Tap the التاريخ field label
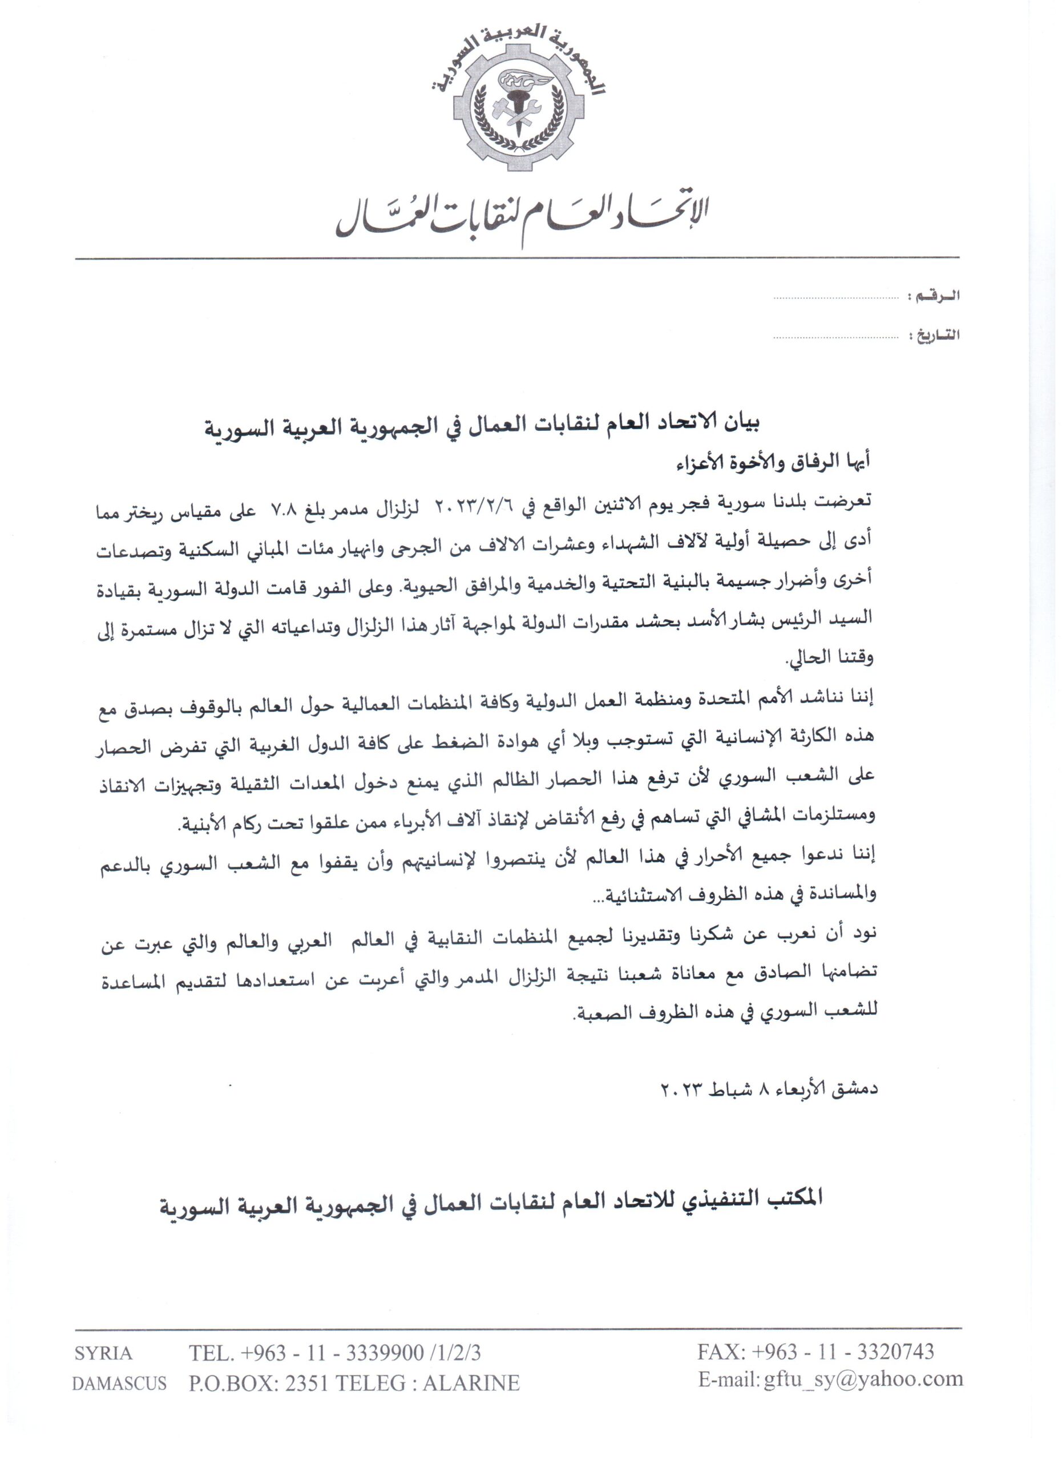(935, 335)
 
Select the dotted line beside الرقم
(836, 298)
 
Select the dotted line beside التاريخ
(836, 337)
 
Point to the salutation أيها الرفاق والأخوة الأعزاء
(773, 461)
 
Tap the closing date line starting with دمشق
(770, 1089)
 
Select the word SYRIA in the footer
(103, 1353)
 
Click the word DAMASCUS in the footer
(119, 1383)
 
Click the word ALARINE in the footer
(471, 1383)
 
